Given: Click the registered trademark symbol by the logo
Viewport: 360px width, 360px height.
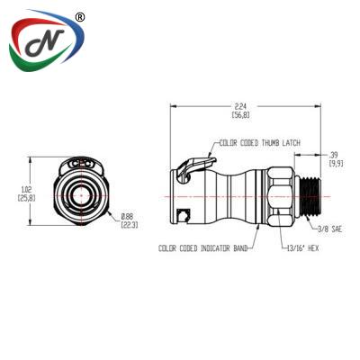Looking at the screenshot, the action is coord(79,18).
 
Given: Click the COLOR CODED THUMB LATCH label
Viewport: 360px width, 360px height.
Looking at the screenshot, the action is coord(260,143).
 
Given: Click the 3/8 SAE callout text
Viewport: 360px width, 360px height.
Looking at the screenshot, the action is coord(329,229).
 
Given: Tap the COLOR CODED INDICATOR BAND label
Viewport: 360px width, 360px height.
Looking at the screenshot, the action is coord(203,248).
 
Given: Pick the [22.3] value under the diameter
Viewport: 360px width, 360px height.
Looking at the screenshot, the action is coord(130,225).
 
